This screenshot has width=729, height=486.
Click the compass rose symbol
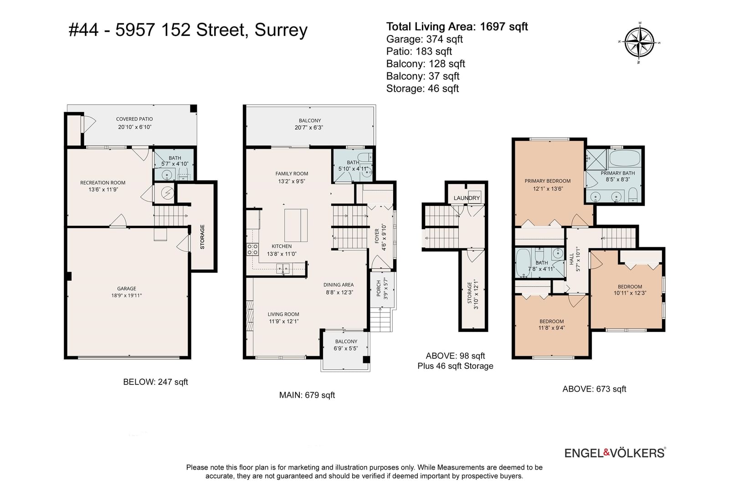[639, 43]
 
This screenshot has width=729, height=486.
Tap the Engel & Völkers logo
[615, 453]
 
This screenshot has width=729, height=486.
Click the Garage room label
[127, 288]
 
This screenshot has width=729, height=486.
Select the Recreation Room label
[103, 183]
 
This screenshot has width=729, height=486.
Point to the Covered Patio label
[134, 119]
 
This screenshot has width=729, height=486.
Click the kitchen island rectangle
[296, 225]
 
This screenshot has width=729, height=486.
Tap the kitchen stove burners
[252, 250]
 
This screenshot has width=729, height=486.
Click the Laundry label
[467, 198]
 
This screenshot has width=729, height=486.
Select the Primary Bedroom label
[547, 181]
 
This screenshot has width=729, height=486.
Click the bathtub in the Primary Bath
[625, 159]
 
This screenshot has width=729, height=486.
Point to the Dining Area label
[339, 285]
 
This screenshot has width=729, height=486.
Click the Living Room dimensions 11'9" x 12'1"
[283, 322]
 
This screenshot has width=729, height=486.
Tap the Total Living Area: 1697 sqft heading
[457, 26]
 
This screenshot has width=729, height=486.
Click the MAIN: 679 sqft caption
[307, 395]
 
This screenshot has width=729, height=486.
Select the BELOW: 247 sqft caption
[155, 382]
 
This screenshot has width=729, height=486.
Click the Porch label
[379, 288]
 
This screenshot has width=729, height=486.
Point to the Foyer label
[377, 236]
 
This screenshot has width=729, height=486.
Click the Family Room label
[292, 174]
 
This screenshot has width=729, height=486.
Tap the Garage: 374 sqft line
[424, 39]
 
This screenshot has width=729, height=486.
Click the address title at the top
[188, 30]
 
